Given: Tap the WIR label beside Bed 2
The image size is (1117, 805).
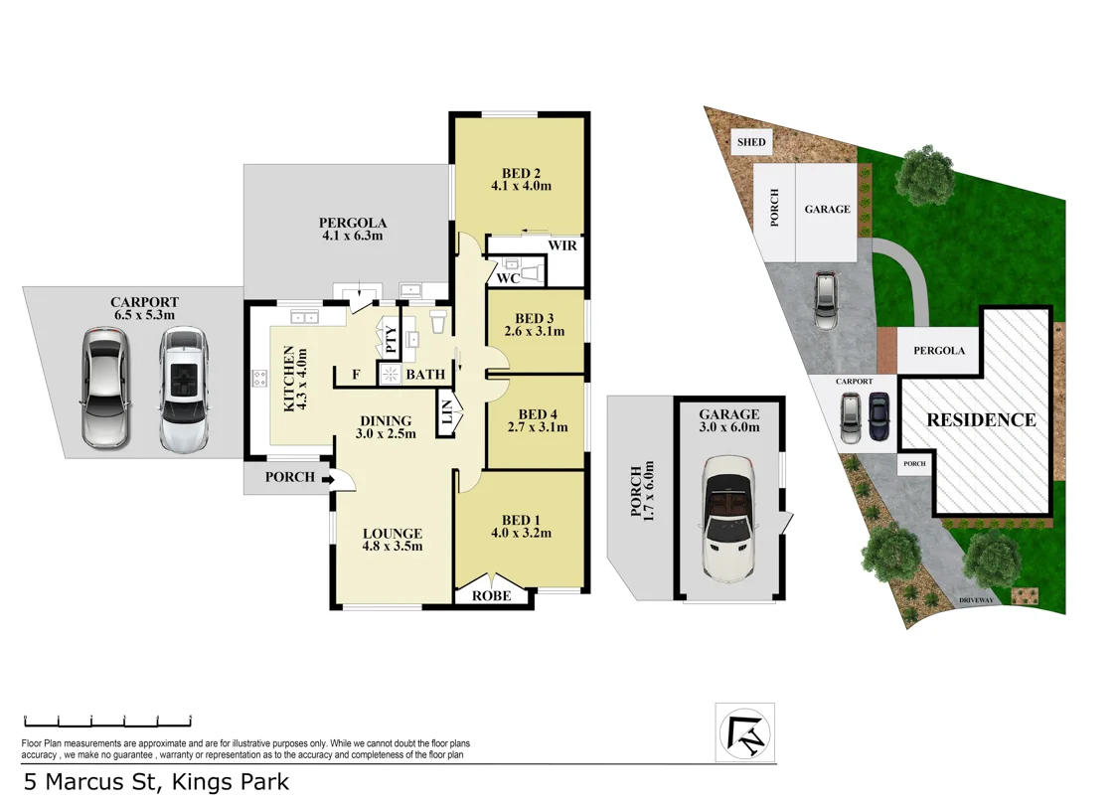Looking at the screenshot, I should tap(561, 245).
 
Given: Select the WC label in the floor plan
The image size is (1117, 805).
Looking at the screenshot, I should tap(508, 278).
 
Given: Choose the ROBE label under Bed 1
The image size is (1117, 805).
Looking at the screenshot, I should tap(492, 595).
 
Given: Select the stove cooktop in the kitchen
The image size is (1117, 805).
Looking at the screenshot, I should tap(260, 378).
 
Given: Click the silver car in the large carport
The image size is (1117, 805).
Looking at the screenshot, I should tap(105, 388).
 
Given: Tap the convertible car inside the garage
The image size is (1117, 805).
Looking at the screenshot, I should tap(729, 518).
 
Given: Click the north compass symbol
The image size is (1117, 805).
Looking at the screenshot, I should tap(745, 732).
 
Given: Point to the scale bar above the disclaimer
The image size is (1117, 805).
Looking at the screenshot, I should tap(107, 721).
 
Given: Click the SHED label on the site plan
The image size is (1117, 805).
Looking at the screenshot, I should tap(751, 142).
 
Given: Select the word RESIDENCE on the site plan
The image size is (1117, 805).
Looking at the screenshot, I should tap(981, 419).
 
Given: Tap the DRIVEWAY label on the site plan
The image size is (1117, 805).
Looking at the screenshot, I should tap(977, 600).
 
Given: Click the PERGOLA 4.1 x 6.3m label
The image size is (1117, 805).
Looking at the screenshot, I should tap(352, 230).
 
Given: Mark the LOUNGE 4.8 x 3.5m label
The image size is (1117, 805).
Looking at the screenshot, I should tap(393, 540).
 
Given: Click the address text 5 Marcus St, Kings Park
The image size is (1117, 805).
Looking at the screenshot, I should tap(156, 781).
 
